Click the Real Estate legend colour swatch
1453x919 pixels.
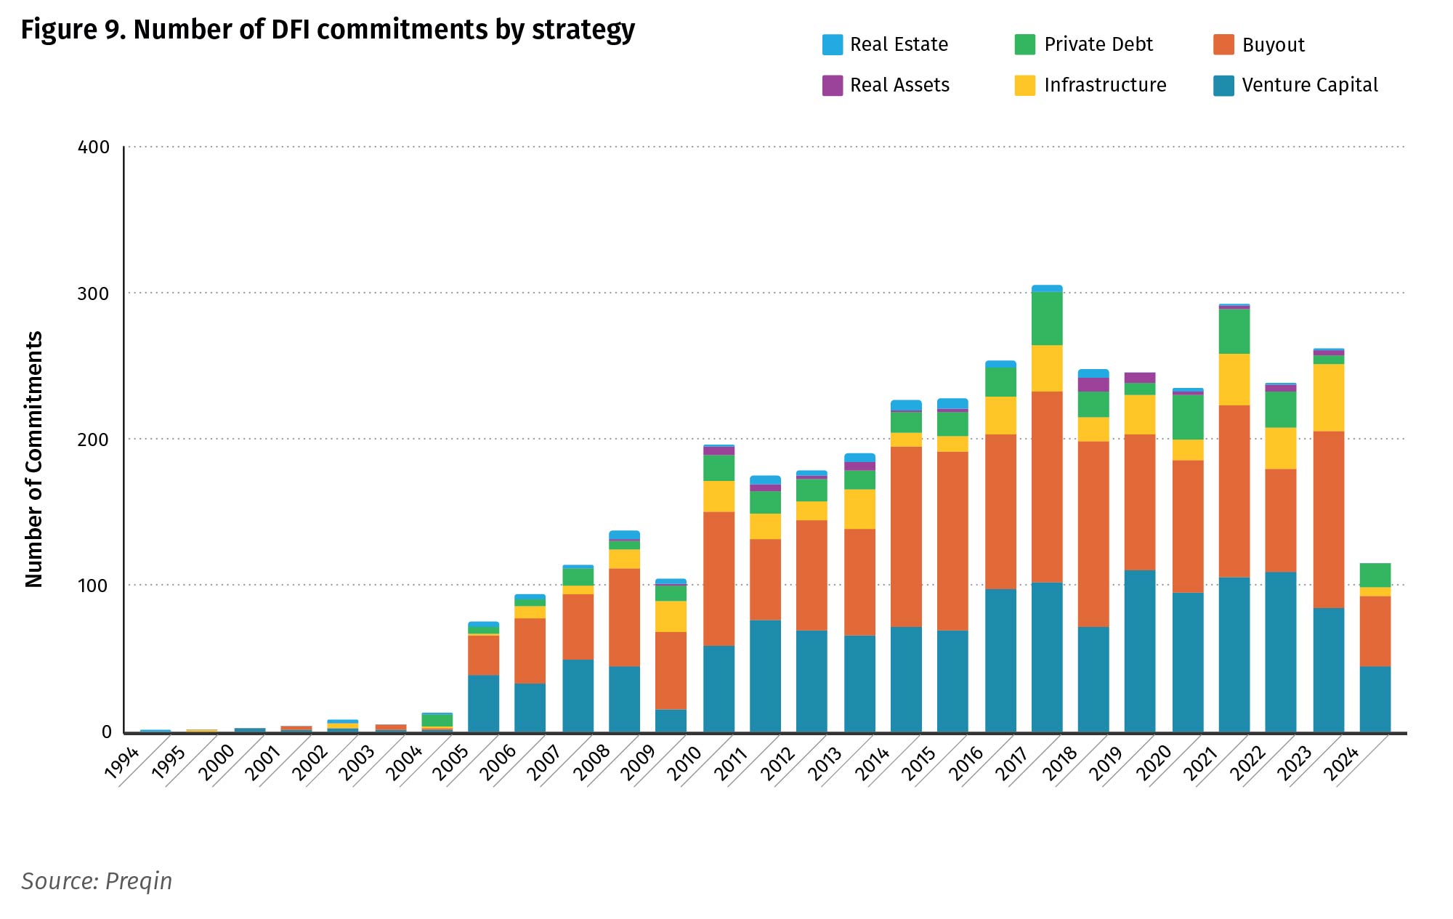tap(833, 45)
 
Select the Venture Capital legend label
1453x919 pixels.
tap(1309, 86)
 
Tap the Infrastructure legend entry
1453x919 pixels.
tap(1104, 86)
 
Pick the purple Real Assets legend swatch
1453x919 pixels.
tap(833, 86)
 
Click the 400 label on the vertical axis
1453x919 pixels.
tap(93, 147)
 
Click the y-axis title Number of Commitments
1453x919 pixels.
tap(34, 459)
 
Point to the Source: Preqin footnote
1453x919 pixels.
tap(97, 881)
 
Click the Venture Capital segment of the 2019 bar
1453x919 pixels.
tap(1140, 651)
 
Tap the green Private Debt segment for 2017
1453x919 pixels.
tap(1047, 318)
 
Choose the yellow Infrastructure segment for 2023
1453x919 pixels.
tap(1329, 397)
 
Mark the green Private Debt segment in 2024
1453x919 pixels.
tap(1375, 575)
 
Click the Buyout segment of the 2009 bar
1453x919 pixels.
tap(671, 670)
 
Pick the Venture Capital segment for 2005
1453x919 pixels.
tap(483, 703)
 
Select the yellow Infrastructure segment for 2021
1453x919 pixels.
tap(1234, 379)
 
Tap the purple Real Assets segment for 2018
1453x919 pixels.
tap(1093, 385)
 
